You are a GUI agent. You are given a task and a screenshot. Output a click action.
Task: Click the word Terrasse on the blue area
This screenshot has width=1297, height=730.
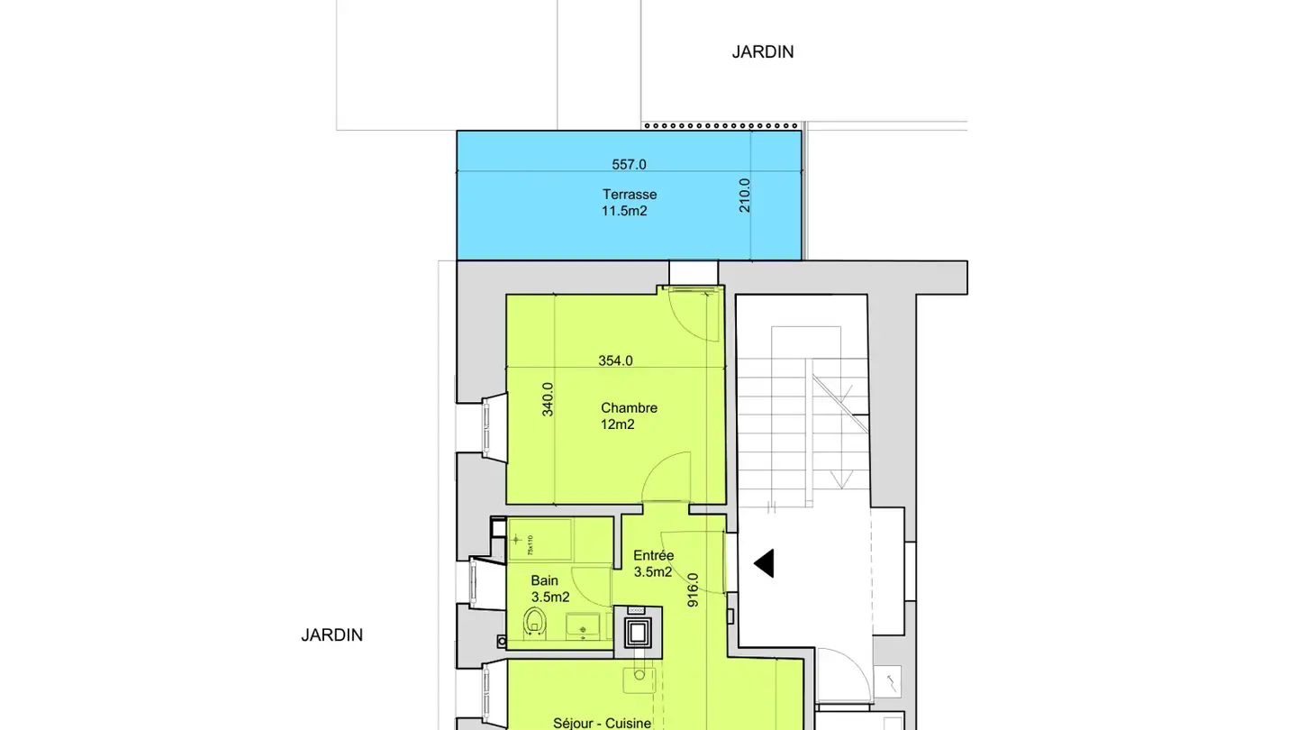pos(629,194)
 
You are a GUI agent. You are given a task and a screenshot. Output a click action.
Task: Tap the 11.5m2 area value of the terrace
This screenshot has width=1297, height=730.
pos(624,211)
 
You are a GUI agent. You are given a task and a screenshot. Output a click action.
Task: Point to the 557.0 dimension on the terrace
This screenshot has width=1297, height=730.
pos(629,164)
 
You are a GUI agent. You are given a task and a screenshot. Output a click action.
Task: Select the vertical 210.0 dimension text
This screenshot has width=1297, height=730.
pos(745,195)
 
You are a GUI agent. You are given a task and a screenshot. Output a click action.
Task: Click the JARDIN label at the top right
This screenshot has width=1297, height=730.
pos(762,52)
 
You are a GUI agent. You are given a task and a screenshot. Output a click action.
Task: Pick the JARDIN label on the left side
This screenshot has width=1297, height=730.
pos(331,635)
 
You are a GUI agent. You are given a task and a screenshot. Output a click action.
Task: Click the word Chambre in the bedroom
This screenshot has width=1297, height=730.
pos(629,407)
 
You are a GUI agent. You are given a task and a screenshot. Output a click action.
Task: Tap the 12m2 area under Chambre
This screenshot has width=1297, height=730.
pos(618,424)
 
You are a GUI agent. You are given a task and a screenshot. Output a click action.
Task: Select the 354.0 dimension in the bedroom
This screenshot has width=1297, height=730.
pos(615,360)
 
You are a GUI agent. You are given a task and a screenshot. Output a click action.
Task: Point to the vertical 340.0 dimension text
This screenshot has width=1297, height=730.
pos(548,399)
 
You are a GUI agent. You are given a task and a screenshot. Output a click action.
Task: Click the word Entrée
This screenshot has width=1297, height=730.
pos(653,555)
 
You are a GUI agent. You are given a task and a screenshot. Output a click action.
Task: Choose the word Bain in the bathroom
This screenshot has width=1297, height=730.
pos(544,580)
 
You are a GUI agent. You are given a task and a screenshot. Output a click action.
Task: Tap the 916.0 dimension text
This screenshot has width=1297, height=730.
pos(693,590)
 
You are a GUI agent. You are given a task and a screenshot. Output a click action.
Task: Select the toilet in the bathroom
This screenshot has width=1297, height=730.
pos(535,621)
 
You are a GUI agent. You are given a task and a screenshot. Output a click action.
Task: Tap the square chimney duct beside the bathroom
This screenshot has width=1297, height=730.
pos(639,630)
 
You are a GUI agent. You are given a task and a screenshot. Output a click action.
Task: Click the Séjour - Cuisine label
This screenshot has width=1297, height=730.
pos(602,723)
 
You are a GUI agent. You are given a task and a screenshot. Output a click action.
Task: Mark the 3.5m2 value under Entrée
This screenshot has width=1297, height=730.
pos(653,571)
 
